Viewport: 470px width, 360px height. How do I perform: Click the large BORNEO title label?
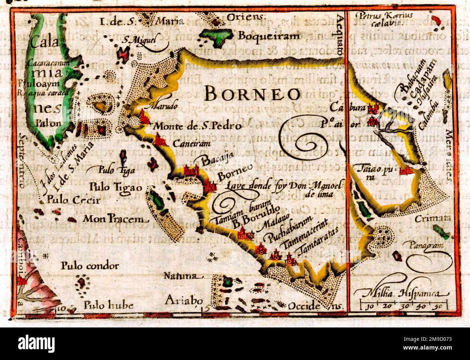coord(252,94)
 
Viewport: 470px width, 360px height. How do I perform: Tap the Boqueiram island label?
coord(269,36)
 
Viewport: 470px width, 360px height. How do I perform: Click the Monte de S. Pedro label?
coord(197,126)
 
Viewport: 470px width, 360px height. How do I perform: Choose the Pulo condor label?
coord(90,266)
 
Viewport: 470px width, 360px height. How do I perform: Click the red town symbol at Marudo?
coord(145,117)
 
